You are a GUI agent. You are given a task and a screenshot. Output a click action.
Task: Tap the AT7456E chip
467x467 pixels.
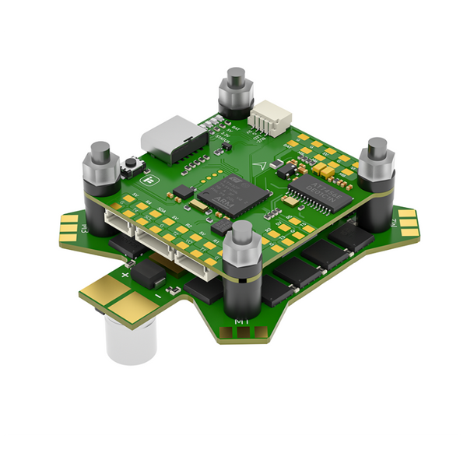pyautogui.click(x=318, y=188)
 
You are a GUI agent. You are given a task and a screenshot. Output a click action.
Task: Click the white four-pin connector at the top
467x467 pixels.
pyautogui.click(x=269, y=119)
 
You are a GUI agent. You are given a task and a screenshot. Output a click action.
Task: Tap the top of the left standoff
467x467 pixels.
pyautogui.click(x=100, y=148)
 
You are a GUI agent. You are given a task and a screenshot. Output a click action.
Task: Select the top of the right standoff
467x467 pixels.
pyautogui.click(x=377, y=146)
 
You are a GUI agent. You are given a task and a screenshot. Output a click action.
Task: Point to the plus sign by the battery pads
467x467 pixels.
pyautogui.click(x=125, y=273)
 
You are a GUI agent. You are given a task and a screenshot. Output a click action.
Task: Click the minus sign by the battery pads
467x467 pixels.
pyautogui.click(x=157, y=296)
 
